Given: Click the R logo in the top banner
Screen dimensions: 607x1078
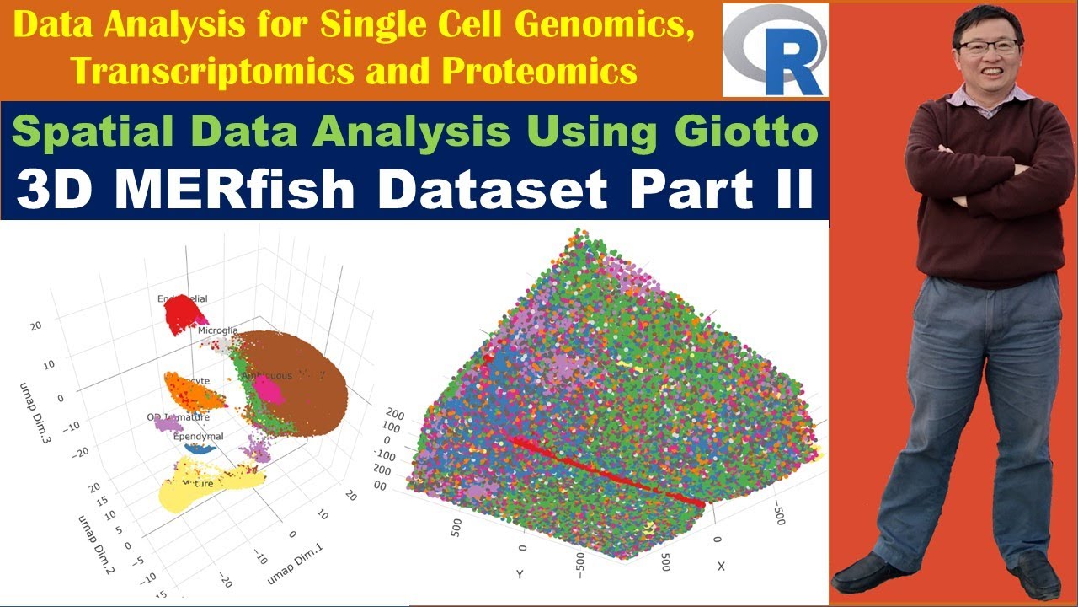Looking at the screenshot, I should point(775,51).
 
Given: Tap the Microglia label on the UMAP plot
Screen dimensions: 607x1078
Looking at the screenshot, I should point(218,330).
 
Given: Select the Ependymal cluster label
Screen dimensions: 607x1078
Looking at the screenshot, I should point(198,437).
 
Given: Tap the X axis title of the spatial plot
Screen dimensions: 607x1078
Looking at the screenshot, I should point(721,567).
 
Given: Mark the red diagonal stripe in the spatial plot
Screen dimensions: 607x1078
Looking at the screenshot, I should point(606,469).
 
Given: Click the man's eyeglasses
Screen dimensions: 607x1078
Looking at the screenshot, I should point(987,46).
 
